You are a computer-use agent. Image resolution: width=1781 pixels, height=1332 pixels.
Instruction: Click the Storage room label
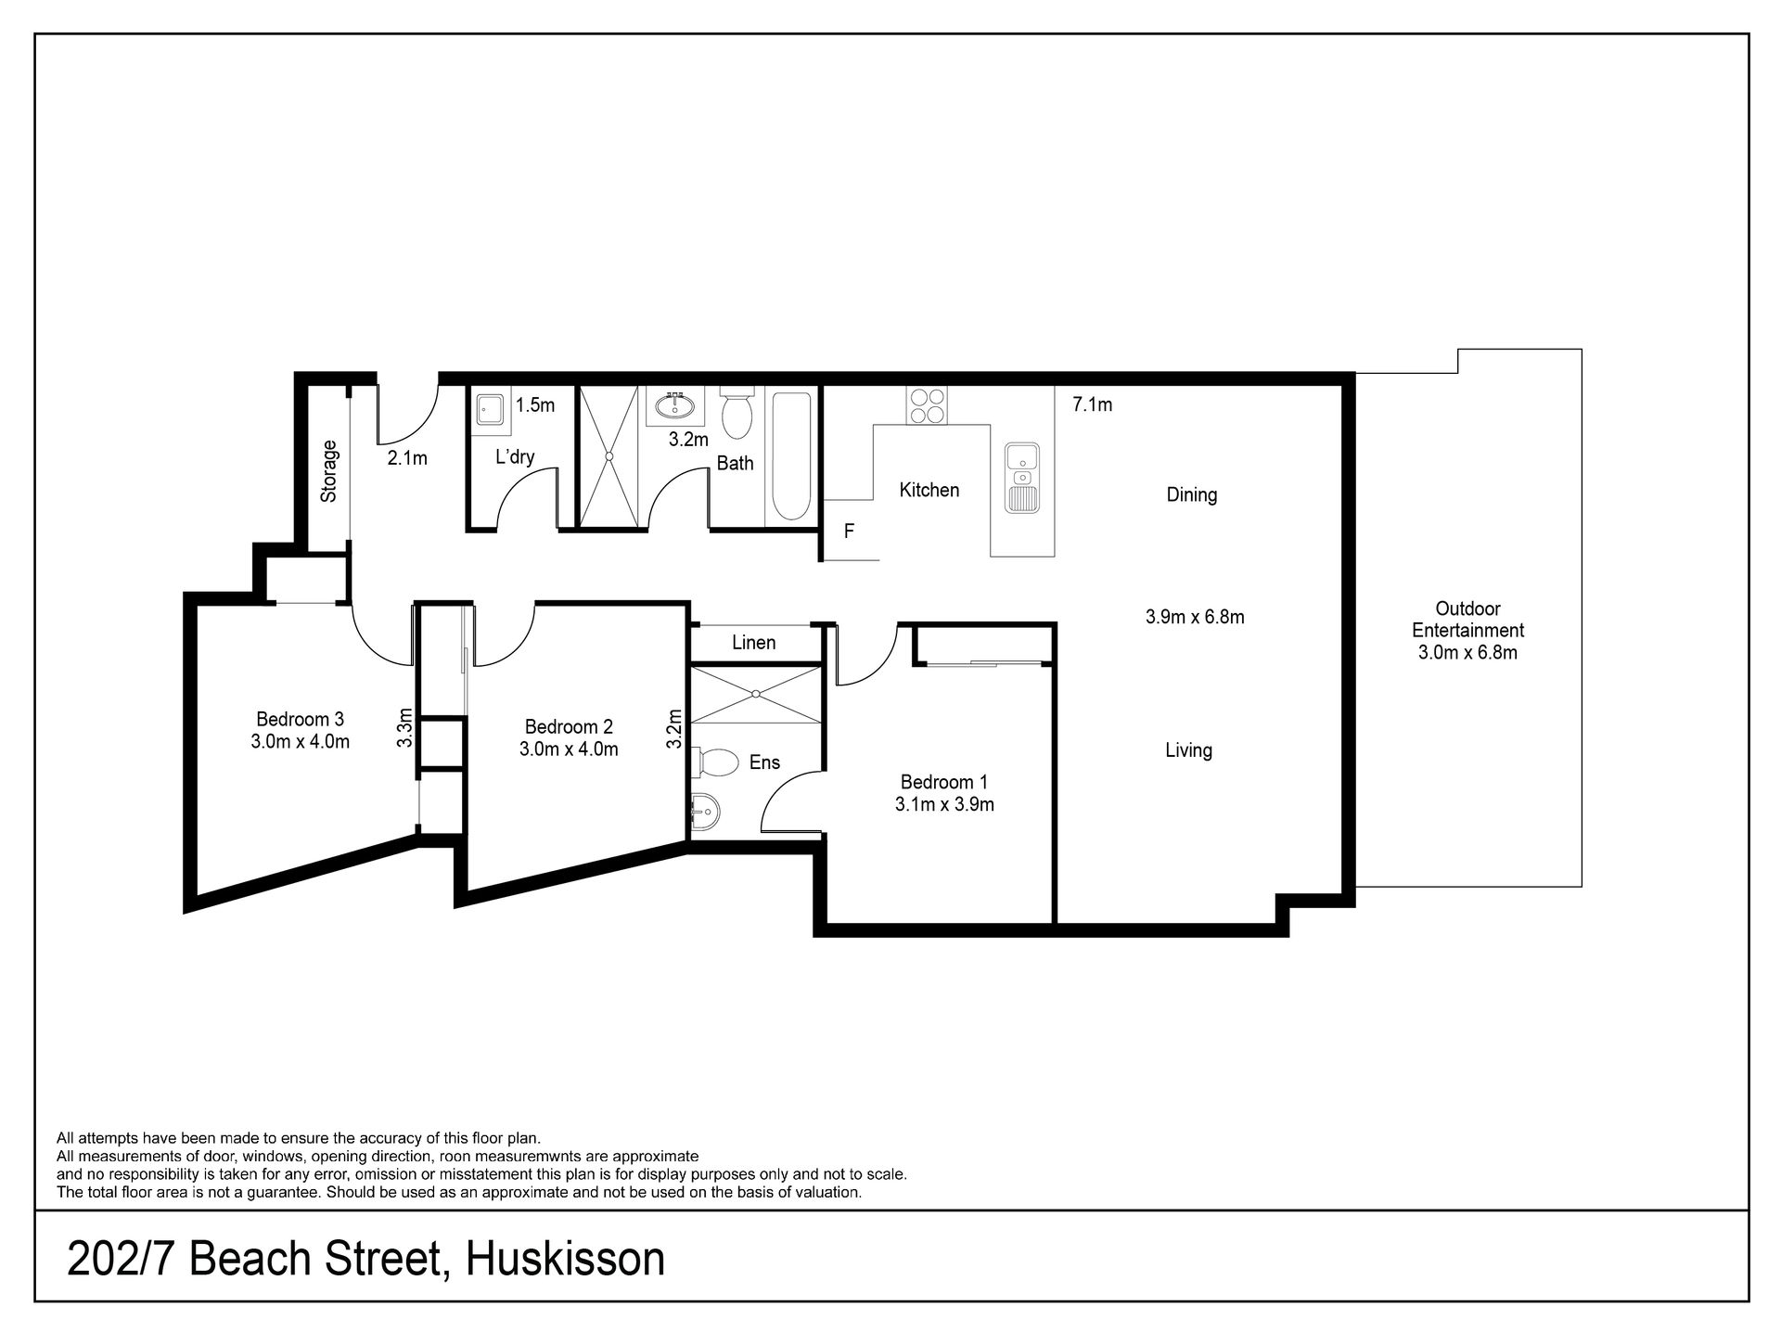[328, 471]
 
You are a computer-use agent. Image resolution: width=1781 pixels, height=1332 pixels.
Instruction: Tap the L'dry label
[515, 456]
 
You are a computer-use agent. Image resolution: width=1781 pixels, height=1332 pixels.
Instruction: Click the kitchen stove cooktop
[927, 404]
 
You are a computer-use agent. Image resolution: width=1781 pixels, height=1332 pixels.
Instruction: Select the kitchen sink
[1022, 478]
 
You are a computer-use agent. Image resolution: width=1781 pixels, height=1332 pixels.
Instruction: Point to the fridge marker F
[848, 532]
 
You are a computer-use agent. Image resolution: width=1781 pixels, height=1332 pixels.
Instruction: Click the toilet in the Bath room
[737, 414]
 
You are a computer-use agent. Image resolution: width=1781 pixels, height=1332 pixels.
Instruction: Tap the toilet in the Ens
[713, 762]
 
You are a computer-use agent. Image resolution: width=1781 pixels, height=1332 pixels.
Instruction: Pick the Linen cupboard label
[753, 642]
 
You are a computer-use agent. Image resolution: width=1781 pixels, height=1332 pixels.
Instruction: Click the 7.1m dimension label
[1092, 404]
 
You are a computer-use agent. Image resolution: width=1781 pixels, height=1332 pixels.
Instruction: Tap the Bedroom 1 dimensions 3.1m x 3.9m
[944, 804]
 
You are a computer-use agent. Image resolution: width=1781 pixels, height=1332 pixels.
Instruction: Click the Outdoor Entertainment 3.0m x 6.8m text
[1467, 631]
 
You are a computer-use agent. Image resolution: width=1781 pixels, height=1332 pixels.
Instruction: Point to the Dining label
[1191, 495]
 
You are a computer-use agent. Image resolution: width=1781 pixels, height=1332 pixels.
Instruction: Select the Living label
[1188, 750]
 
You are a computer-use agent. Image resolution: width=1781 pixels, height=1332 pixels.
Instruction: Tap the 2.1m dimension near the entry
[407, 457]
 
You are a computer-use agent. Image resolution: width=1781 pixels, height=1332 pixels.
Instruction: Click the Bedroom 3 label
[300, 719]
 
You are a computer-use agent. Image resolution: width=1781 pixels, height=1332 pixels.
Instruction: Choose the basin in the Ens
[704, 813]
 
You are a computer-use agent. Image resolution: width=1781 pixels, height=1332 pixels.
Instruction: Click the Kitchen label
[929, 490]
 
